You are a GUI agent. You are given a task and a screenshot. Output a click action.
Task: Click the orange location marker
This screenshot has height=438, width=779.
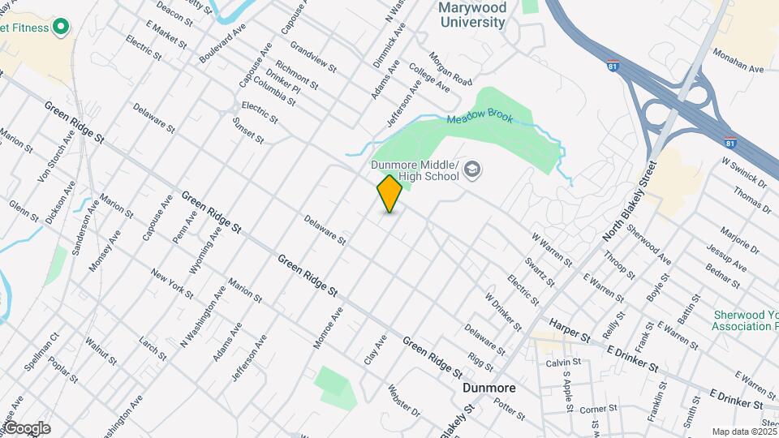click(x=389, y=194)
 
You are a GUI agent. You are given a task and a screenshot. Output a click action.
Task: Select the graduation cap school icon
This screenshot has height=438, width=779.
click(x=472, y=170)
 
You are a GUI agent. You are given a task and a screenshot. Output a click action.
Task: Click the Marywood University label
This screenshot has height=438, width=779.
click(x=472, y=15)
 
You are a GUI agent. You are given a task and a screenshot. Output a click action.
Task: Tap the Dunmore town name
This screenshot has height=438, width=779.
click(x=489, y=389)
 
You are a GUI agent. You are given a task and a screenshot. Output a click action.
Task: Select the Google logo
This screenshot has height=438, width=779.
click(x=26, y=428)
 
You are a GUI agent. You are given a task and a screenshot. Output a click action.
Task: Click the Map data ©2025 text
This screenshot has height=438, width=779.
click(x=745, y=432)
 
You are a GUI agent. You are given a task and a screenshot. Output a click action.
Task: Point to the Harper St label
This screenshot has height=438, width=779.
click(x=569, y=329)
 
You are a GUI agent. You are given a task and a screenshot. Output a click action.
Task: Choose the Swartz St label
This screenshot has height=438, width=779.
click(x=539, y=272)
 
